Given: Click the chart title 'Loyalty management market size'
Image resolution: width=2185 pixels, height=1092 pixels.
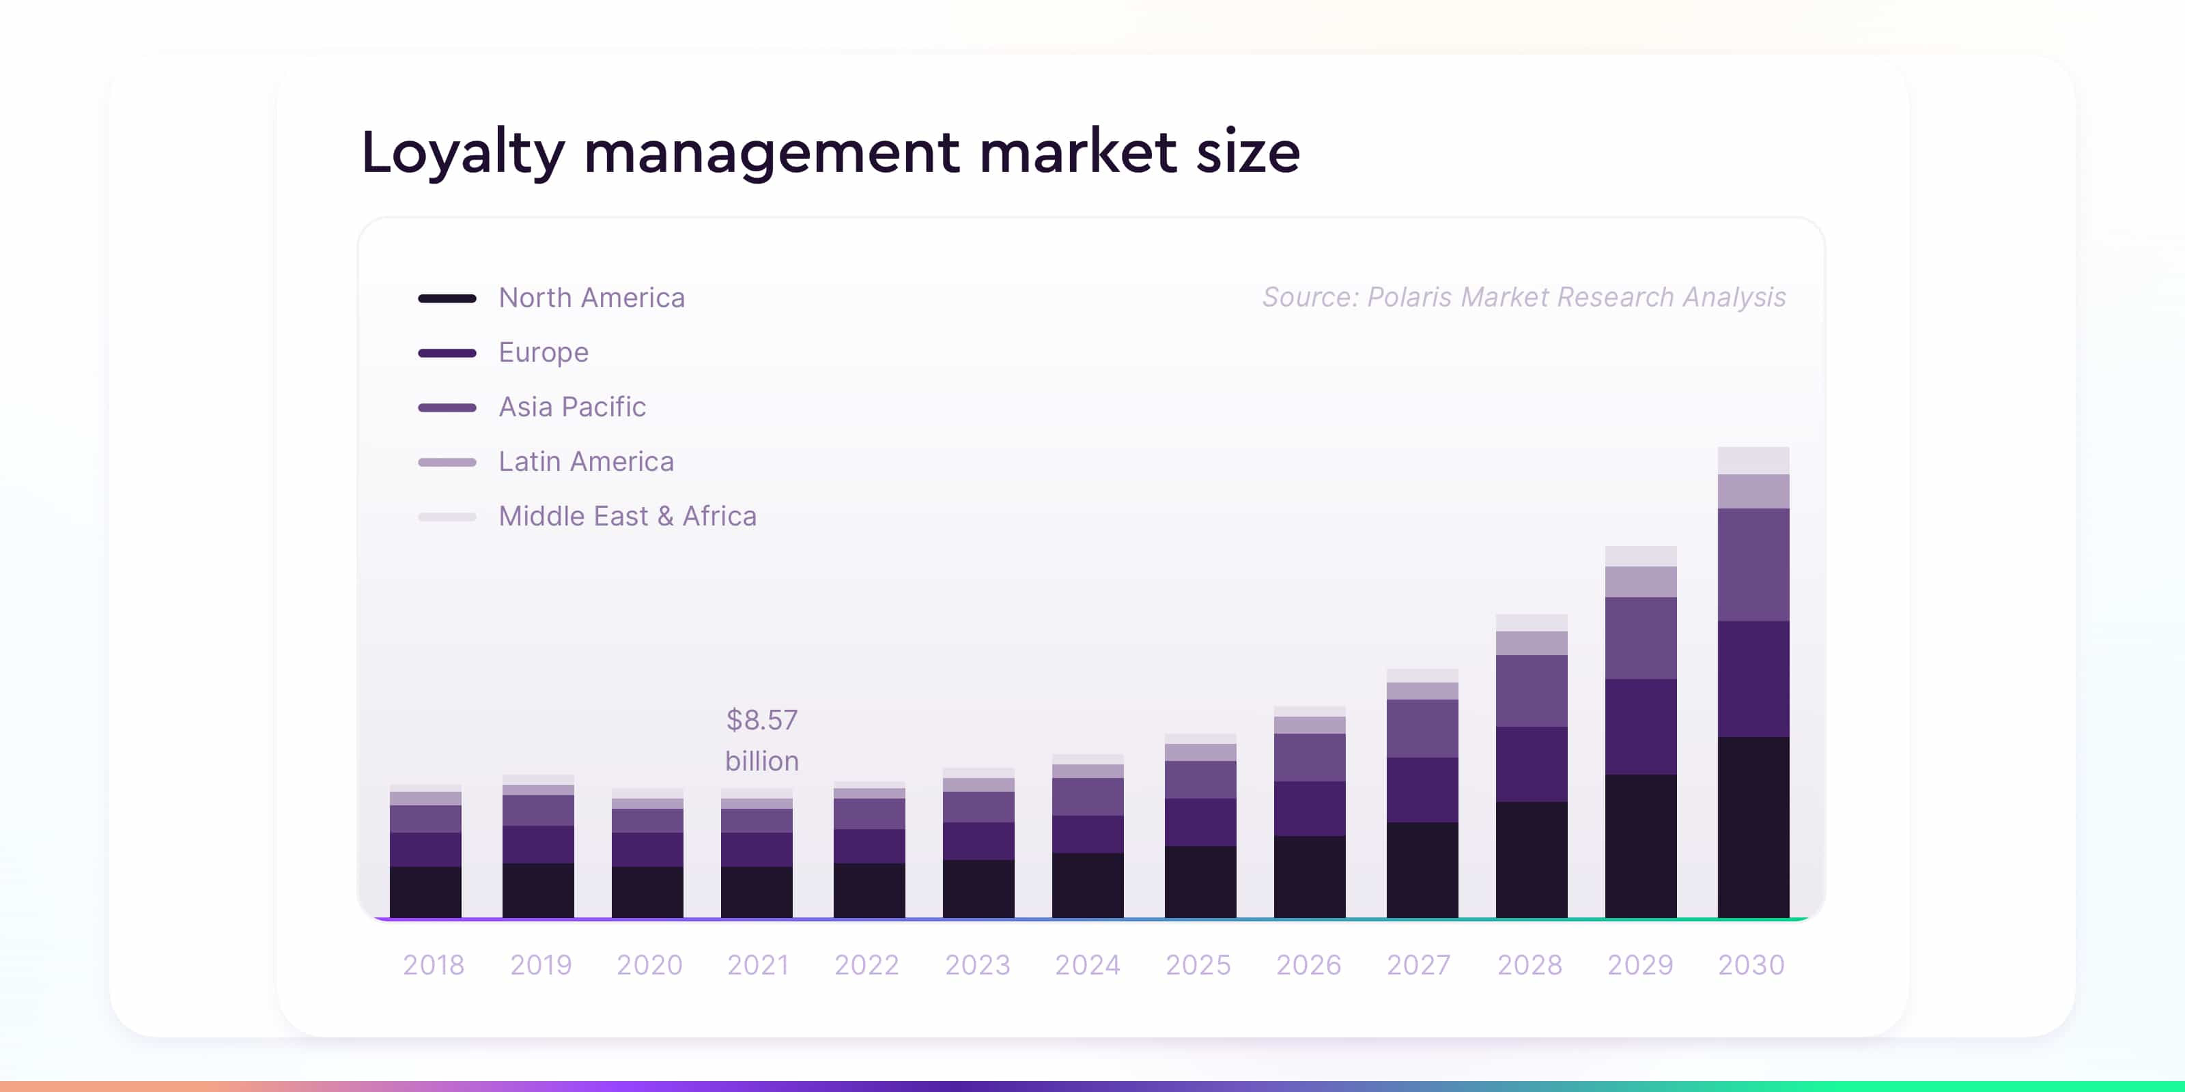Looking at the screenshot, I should (x=830, y=153).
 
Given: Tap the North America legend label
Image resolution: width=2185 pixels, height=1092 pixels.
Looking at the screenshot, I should (x=591, y=298).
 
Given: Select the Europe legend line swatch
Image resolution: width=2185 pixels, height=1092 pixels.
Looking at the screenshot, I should (x=447, y=353).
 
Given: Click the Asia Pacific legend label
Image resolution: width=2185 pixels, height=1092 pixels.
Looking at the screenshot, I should (x=572, y=407).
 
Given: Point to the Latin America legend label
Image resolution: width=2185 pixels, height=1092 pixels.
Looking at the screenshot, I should (x=586, y=461).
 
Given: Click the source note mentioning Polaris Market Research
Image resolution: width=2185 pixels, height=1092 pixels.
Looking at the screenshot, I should (x=1523, y=298).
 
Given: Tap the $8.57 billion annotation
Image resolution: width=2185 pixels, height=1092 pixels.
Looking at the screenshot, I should (x=762, y=740).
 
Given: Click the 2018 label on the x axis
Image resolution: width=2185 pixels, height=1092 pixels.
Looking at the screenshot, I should (x=434, y=965).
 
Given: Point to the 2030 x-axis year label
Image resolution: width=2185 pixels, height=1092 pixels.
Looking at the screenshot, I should (x=1751, y=965).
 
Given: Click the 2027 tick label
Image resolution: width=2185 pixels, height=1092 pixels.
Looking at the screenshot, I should (x=1419, y=965).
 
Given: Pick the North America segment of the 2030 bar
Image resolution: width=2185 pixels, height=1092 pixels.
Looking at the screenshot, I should (x=1753, y=827).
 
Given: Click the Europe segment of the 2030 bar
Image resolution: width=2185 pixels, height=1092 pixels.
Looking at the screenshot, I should (x=1753, y=678).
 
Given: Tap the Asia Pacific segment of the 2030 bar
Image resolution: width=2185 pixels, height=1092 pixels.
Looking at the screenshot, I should (x=1753, y=564).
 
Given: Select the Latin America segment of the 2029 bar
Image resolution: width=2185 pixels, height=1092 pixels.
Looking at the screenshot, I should (x=1640, y=581).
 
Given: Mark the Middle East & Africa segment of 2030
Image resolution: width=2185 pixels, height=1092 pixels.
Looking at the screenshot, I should (x=1753, y=461).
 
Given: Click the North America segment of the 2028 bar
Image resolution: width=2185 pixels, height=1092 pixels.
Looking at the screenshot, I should (x=1531, y=859).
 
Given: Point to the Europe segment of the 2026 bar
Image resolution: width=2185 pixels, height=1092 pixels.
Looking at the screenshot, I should (x=1309, y=808).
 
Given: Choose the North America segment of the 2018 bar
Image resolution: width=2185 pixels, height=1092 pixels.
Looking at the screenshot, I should (x=425, y=891).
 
